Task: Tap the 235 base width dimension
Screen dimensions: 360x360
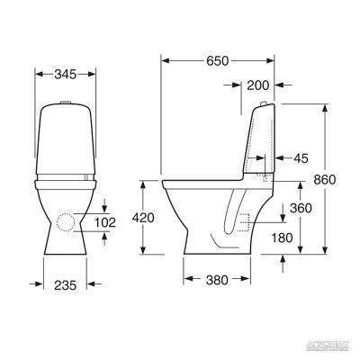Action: (x=64, y=284)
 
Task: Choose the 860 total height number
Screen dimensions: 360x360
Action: (x=324, y=180)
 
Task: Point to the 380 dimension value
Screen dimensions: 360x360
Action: (x=217, y=279)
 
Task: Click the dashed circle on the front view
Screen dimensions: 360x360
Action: (x=65, y=222)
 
